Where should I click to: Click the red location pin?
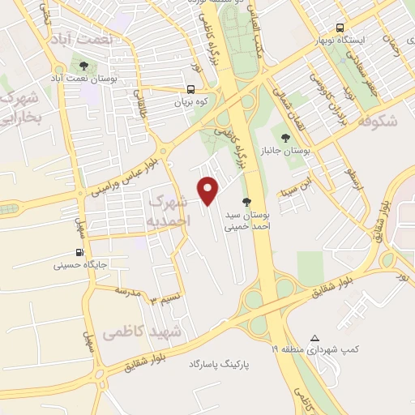click(209, 190)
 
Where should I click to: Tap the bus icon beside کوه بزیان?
click(190, 90)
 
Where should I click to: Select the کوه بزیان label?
click(191, 103)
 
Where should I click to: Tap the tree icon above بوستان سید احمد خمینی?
click(246, 202)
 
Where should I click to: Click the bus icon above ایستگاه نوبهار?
click(340, 26)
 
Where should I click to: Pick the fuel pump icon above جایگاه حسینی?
click(79, 252)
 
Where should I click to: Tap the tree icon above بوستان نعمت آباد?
click(83, 65)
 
